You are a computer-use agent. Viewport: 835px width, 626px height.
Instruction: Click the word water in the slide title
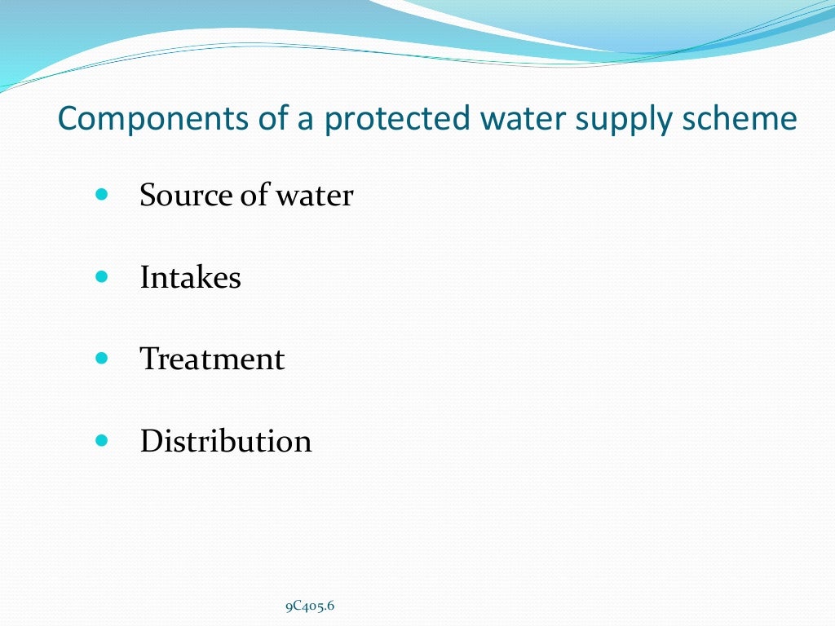tap(519, 119)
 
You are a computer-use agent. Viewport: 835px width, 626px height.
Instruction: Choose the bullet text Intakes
tap(191, 278)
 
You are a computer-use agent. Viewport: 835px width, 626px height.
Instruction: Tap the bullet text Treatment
tap(212, 359)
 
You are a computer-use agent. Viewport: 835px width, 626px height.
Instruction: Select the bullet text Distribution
tap(226, 441)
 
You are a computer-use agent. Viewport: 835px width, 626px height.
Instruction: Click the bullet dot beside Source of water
tap(101, 196)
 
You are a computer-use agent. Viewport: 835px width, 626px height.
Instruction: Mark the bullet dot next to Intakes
tap(101, 277)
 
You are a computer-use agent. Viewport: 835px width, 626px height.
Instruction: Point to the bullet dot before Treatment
tap(101, 359)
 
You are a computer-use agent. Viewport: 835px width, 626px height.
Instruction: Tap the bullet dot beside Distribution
tap(101, 440)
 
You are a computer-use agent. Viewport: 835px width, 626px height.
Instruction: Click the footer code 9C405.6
tap(310, 606)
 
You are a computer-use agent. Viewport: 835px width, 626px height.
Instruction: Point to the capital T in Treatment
tap(149, 359)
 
